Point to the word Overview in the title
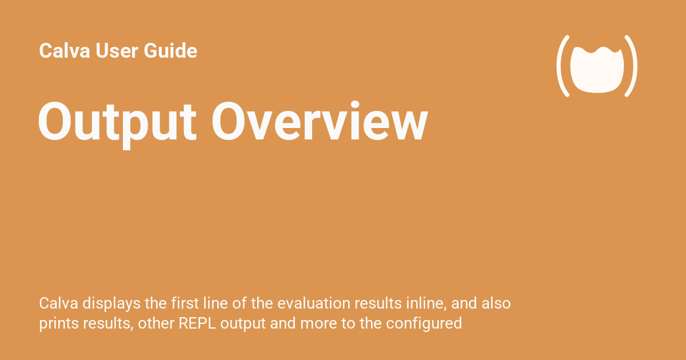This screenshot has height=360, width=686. click(x=320, y=122)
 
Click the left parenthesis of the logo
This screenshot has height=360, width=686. click(x=564, y=66)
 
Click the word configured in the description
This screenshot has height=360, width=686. click(x=424, y=323)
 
